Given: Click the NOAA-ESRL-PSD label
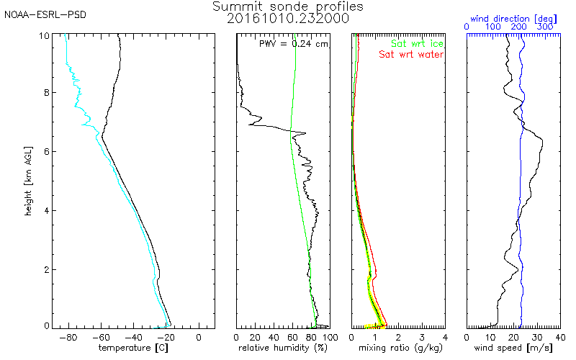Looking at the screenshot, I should click(45, 14).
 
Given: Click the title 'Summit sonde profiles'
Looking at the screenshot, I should click(288, 6).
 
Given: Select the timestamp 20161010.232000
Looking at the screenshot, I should click(288, 19).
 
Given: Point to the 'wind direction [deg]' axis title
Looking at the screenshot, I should click(513, 16).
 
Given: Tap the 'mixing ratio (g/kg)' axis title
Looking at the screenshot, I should click(398, 348).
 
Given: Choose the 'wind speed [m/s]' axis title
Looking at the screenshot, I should click(513, 348).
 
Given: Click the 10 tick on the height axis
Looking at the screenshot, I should click(44, 35).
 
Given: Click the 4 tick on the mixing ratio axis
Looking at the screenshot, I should click(445, 336).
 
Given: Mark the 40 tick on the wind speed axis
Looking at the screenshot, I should click(559, 336).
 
